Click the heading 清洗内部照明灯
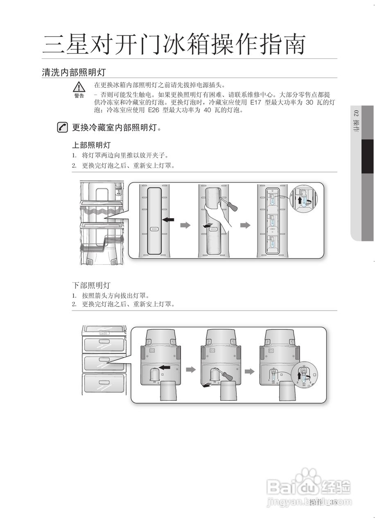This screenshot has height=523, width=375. click(x=74, y=73)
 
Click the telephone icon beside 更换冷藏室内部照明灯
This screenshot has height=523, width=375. click(x=63, y=127)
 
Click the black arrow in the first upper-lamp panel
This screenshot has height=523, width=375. click(x=168, y=220)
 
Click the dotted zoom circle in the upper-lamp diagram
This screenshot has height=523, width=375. click(x=304, y=200)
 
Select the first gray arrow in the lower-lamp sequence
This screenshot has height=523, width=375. click(x=191, y=370)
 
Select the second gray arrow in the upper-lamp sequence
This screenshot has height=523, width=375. click(x=245, y=225)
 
